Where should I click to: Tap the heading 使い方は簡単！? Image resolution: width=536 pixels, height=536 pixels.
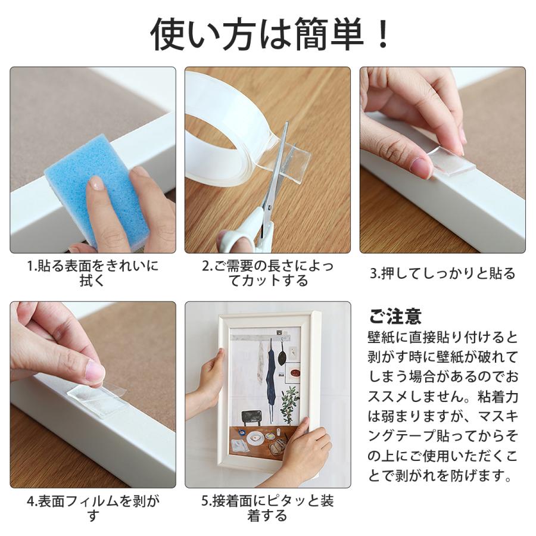click(270, 35)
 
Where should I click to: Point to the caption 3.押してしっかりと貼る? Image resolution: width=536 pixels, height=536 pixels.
click(442, 274)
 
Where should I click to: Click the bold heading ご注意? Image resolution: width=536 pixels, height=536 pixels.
click(395, 317)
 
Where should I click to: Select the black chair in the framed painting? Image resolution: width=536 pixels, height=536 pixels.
click(251, 417)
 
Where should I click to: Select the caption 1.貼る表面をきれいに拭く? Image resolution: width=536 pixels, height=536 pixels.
click(93, 273)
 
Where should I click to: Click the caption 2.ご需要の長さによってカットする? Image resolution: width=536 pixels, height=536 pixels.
click(267, 273)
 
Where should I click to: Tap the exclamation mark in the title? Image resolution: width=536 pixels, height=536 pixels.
click(384, 35)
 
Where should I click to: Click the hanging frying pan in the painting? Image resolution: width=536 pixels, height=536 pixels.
click(283, 354)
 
